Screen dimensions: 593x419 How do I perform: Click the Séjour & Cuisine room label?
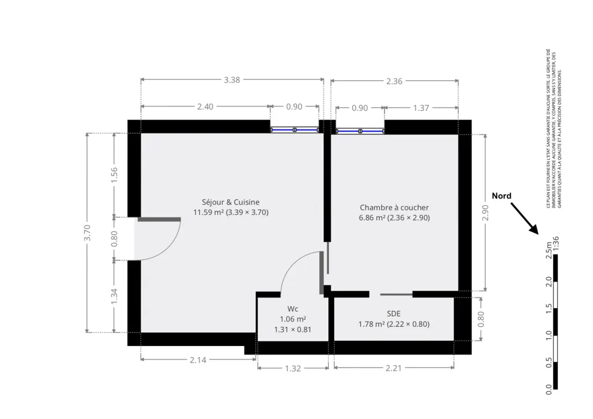pyautogui.click(x=230, y=202)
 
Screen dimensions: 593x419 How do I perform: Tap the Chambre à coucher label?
pyautogui.click(x=394, y=207)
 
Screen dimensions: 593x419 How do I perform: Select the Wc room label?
pyautogui.click(x=292, y=309)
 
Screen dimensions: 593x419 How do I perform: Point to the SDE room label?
pyautogui.click(x=394, y=314)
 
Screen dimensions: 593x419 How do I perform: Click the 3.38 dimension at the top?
pyautogui.click(x=232, y=80)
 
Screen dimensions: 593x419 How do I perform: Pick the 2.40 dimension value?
pyautogui.click(x=206, y=107)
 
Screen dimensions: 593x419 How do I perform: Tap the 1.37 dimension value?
pyautogui.click(x=421, y=108)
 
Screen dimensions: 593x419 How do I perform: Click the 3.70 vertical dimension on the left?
pyautogui.click(x=87, y=233)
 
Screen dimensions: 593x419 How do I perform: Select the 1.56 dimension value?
pyautogui.click(x=114, y=175)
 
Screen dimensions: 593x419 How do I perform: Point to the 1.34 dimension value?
pyautogui.click(x=114, y=296)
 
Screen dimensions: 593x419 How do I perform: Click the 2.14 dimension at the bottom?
pyautogui.click(x=198, y=360)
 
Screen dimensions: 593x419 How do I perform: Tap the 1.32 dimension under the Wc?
pyautogui.click(x=293, y=368)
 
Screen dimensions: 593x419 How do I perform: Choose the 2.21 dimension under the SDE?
pyautogui.click(x=394, y=368)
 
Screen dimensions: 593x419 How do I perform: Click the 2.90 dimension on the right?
pyautogui.click(x=486, y=213)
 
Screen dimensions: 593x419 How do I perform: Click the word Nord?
pyautogui.click(x=502, y=196)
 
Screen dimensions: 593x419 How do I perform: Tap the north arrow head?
pyautogui.click(x=535, y=230)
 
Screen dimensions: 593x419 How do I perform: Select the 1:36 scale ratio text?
pyautogui.click(x=555, y=243)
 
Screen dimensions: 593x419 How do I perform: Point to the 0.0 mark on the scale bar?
pyautogui.click(x=549, y=389)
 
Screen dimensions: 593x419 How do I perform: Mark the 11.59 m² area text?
pyautogui.click(x=208, y=212)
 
